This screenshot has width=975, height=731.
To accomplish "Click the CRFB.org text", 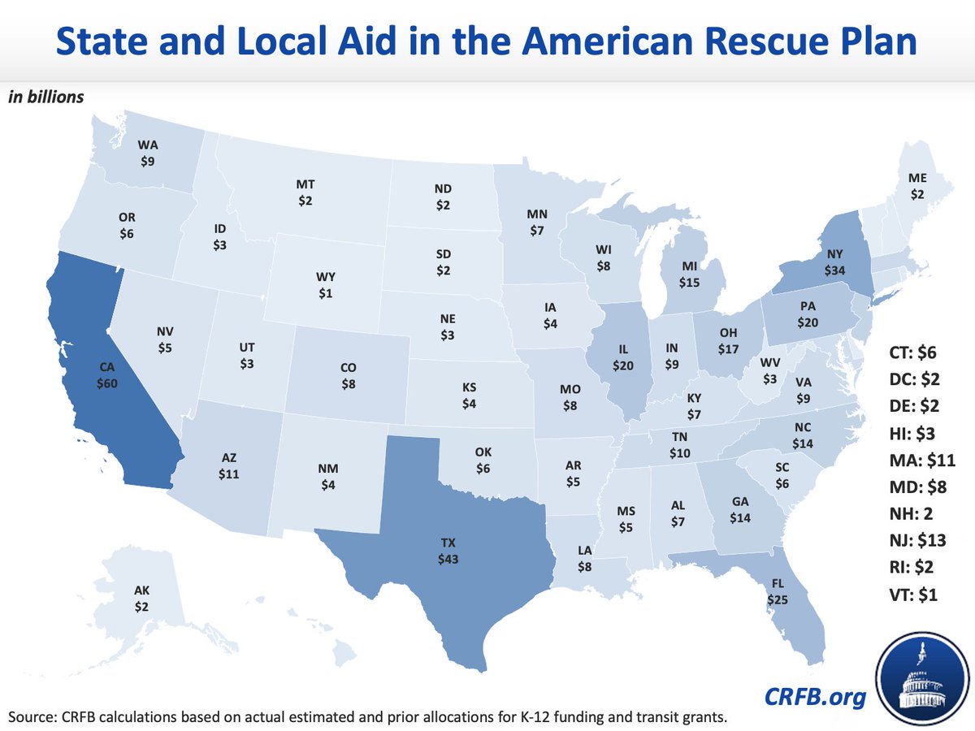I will [813, 697].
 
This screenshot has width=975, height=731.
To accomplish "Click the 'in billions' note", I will [46, 97].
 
